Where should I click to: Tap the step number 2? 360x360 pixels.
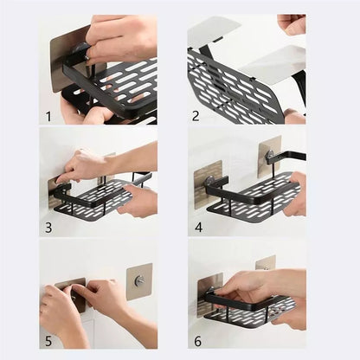(196, 113)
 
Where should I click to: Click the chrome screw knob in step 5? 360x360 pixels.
(139, 281)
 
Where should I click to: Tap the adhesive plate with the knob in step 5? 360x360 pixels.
(139, 282)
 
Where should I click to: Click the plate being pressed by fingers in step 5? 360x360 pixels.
(74, 295)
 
